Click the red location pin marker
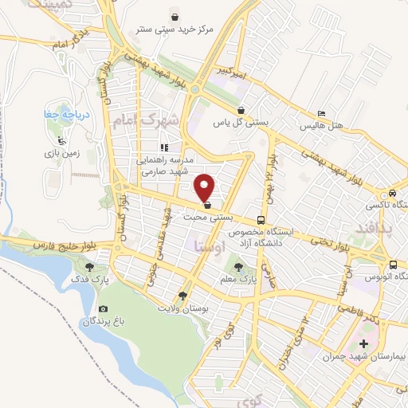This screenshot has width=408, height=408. [205, 187]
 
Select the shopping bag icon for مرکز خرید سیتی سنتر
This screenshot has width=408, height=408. [175, 17]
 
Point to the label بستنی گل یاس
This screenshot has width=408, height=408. [238, 124]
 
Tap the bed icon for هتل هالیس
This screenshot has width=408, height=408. [321, 114]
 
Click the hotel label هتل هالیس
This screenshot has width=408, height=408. [319, 127]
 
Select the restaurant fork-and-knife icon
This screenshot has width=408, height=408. [164, 147]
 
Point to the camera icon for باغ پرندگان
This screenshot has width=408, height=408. [103, 308]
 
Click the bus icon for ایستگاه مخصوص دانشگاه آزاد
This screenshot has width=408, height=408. [261, 219]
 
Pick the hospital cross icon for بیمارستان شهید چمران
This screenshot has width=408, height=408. [364, 344]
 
